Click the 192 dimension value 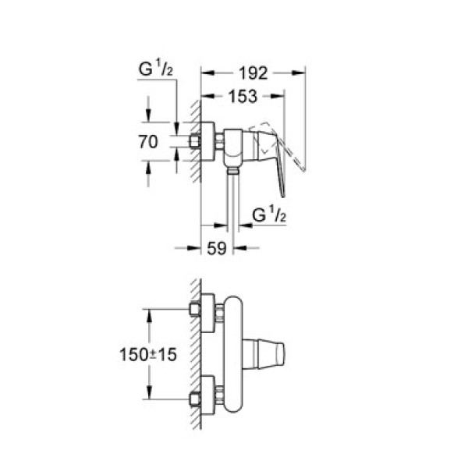[x=253, y=74]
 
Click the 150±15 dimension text [x=147, y=353]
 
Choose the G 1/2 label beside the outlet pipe [x=269, y=218]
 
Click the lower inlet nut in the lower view [x=195, y=401]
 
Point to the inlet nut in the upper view [x=195, y=142]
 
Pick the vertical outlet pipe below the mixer [x=232, y=203]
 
